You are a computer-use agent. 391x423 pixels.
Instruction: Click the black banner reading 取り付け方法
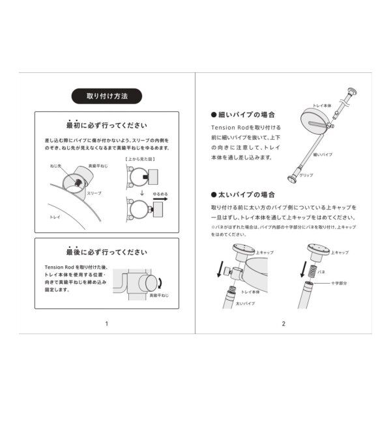[x=107, y=96]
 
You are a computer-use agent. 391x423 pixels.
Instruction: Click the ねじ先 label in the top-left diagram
[x=55, y=167]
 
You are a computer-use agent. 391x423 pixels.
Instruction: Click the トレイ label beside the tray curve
[x=57, y=214]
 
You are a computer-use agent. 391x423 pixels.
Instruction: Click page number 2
[x=283, y=323]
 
